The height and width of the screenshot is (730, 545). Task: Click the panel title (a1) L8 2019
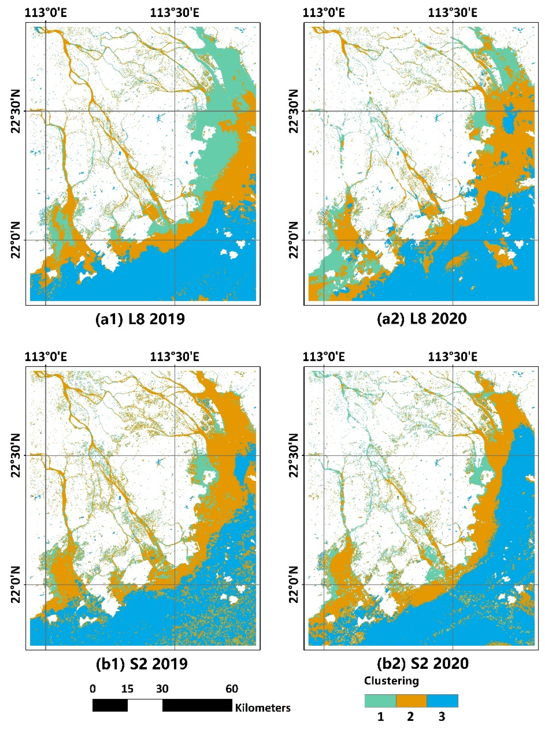click(140, 319)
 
